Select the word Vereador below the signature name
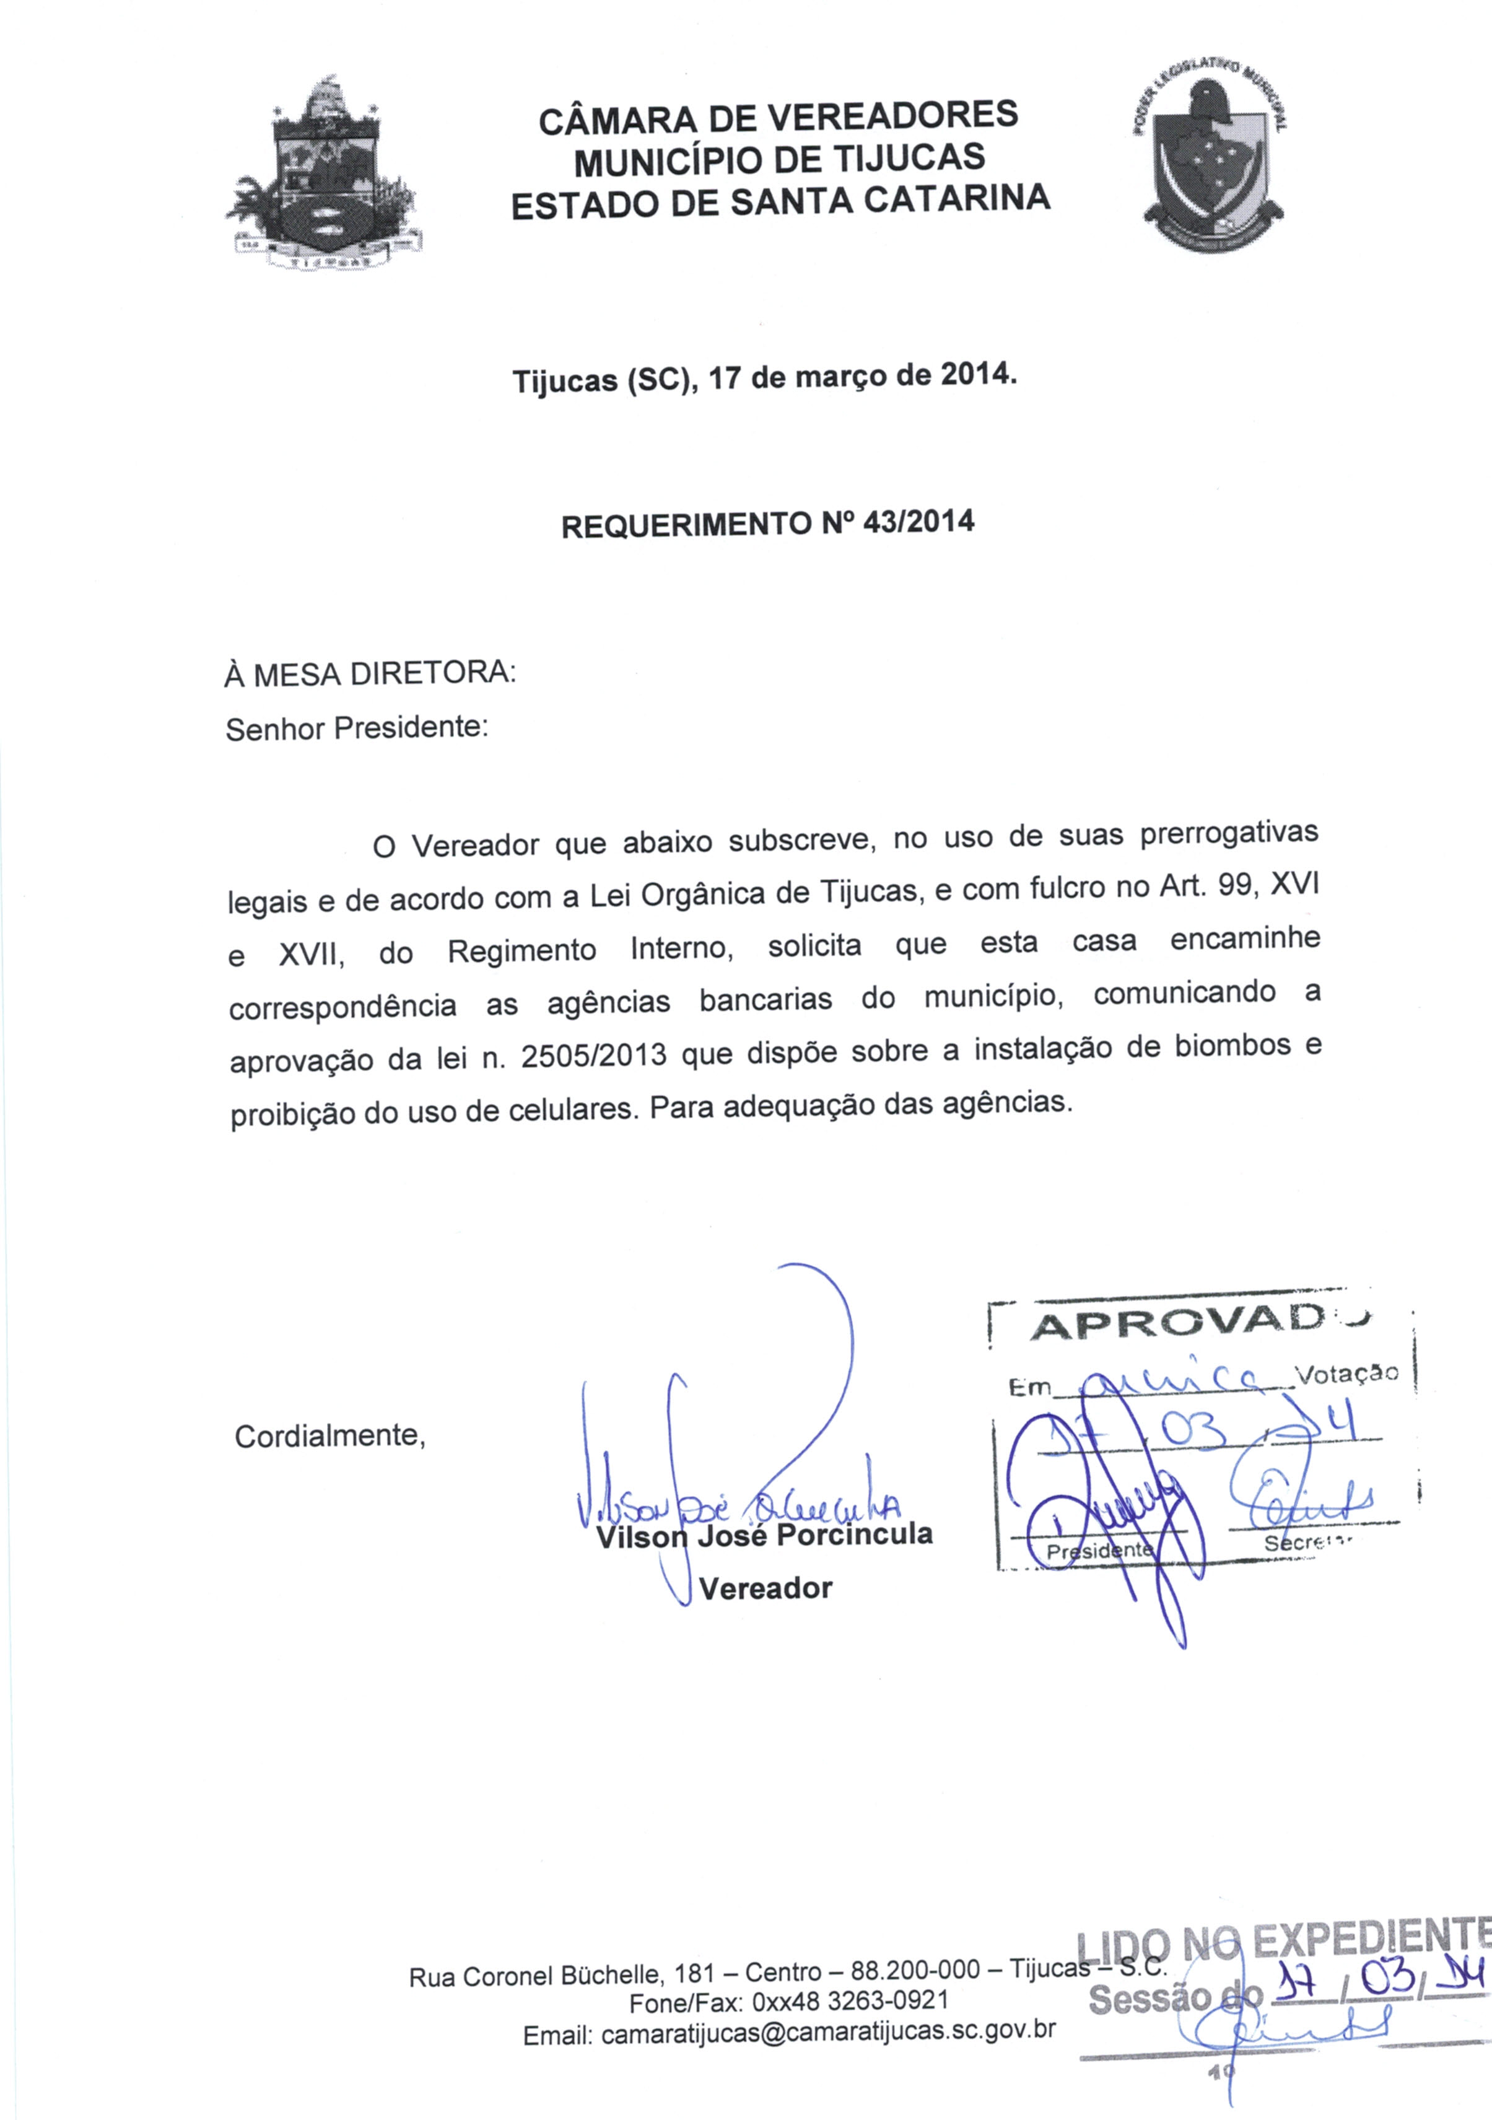point(766,1588)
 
